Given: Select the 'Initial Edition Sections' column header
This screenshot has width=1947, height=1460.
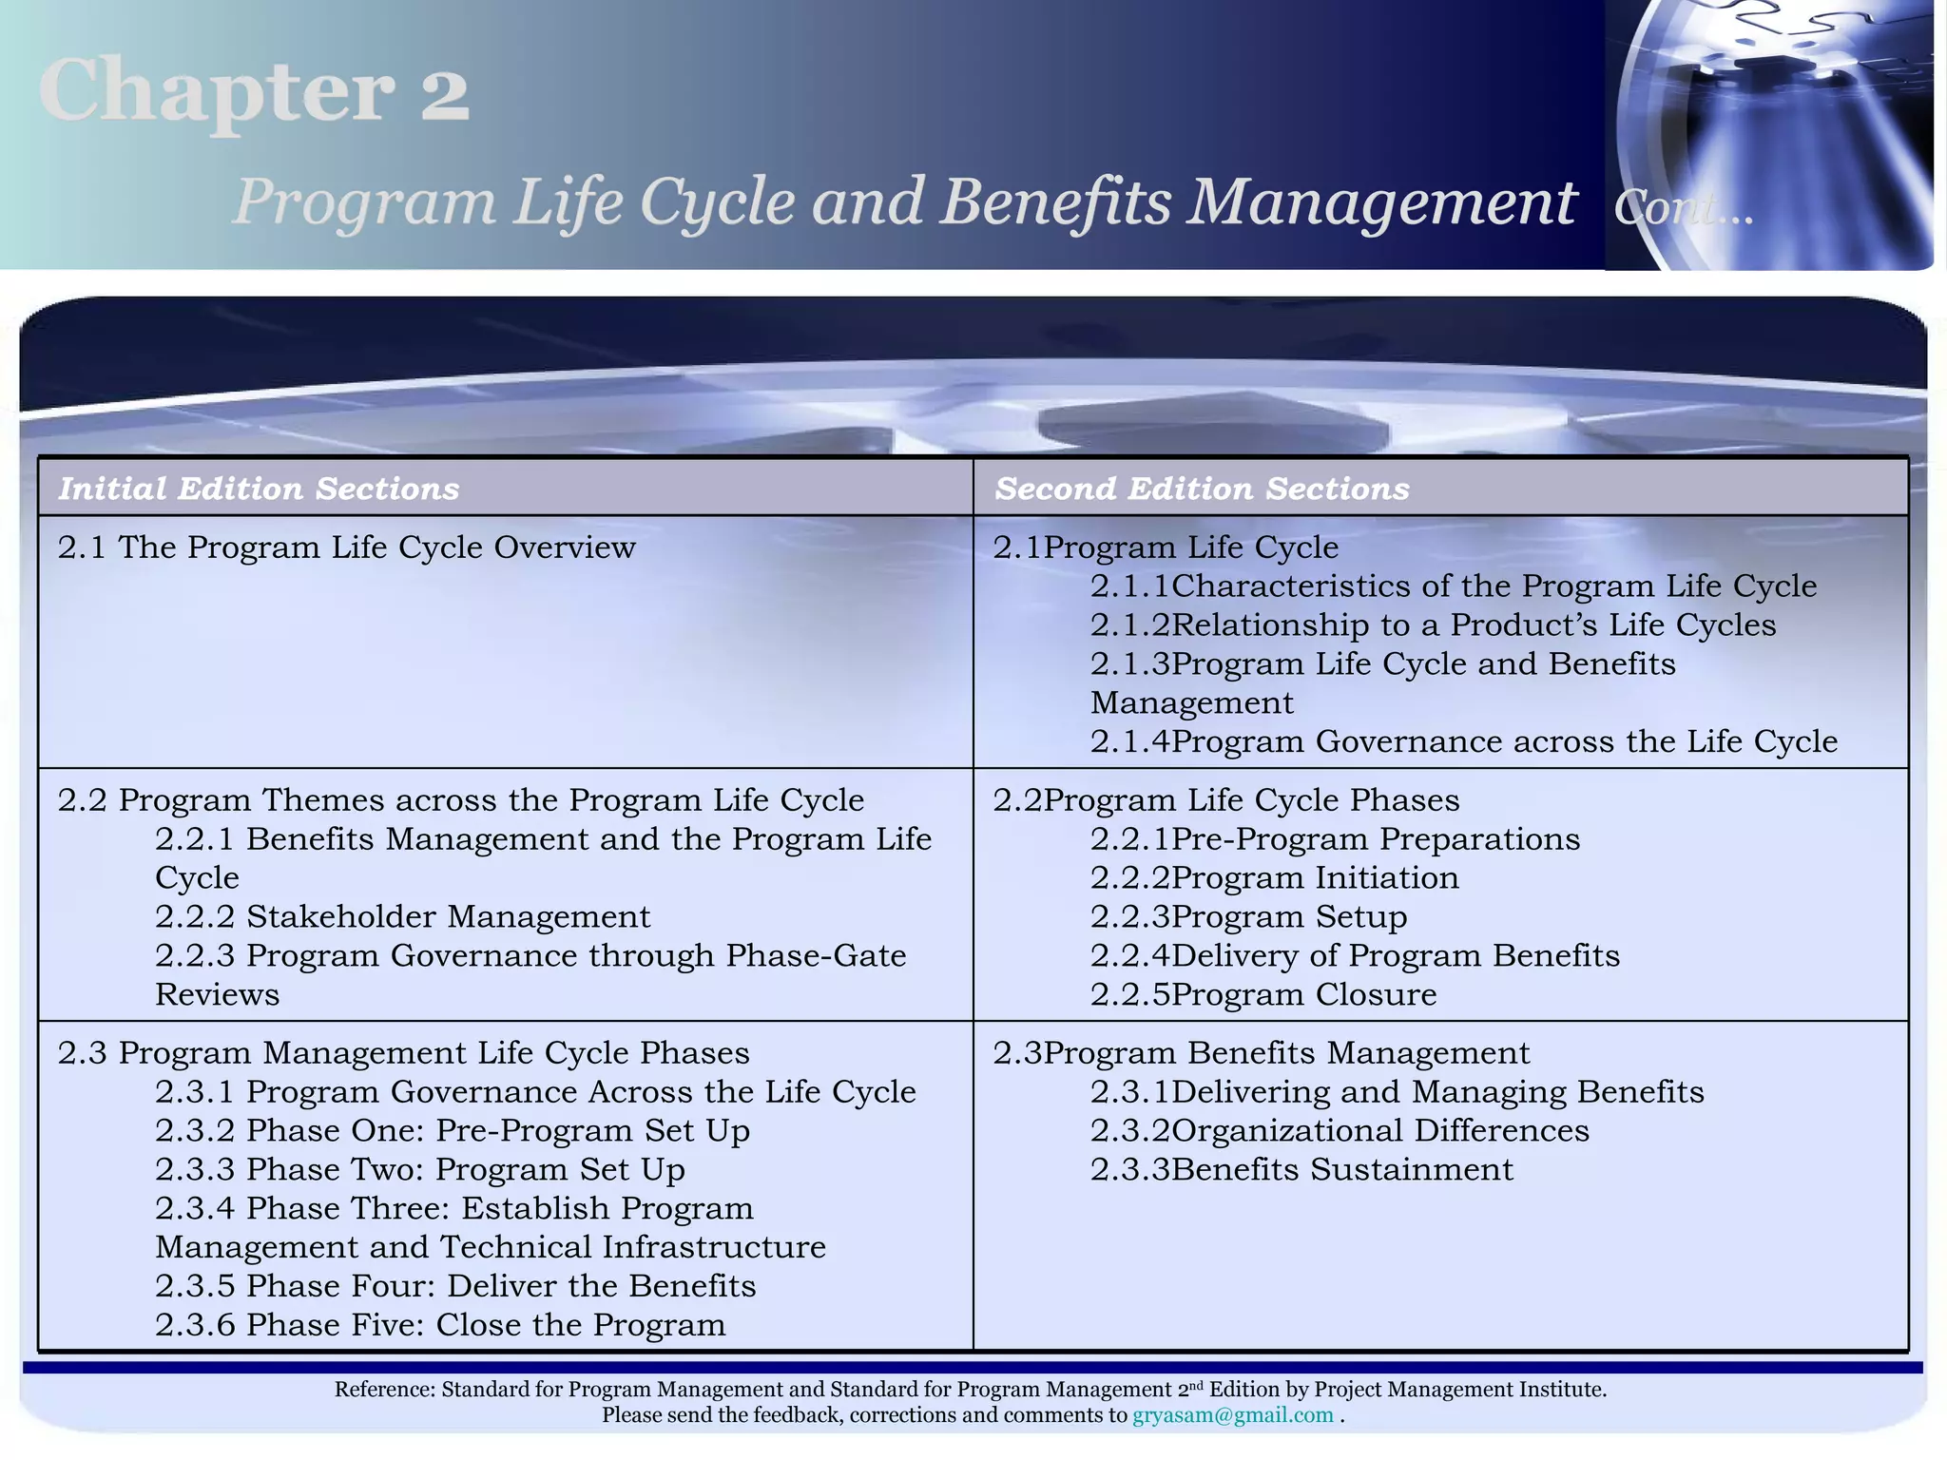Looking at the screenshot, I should pos(259,489).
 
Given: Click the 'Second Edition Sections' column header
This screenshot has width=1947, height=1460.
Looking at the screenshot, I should pos(1202,489).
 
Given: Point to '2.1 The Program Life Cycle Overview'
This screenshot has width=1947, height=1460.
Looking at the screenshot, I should pos(346,547).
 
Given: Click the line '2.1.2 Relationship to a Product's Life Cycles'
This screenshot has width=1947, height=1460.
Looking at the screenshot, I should pos(1433,625).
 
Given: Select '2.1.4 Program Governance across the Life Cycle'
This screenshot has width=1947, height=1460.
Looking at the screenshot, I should pos(1463,741).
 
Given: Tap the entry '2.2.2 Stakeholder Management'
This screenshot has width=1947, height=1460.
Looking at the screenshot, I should pos(403,916).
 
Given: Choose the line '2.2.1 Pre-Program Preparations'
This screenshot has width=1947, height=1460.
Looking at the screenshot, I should pos(1335,839).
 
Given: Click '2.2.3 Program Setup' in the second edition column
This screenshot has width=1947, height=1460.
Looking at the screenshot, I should pos(1248,916).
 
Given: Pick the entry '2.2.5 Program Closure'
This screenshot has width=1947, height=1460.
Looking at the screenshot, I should pos(1263,994).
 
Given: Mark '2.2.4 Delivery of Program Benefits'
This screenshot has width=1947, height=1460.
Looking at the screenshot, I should pos(1355,955).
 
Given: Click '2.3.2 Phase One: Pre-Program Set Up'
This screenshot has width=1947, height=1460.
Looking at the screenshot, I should pos(453,1130).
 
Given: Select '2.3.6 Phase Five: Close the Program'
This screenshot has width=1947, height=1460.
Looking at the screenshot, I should pos(440,1325).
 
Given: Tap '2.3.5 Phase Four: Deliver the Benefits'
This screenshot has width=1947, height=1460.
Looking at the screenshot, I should pos(455,1286).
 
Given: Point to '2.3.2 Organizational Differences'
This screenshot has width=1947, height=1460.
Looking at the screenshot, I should pos(1340,1130).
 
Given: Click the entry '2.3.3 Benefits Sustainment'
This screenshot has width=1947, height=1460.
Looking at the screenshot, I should pos(1301,1169).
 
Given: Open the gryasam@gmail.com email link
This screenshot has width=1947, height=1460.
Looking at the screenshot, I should pos(1232,1415).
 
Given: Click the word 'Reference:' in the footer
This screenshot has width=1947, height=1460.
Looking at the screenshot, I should pos(384,1390).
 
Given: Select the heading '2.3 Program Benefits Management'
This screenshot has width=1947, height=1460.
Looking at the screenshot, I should pos(1262,1053).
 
